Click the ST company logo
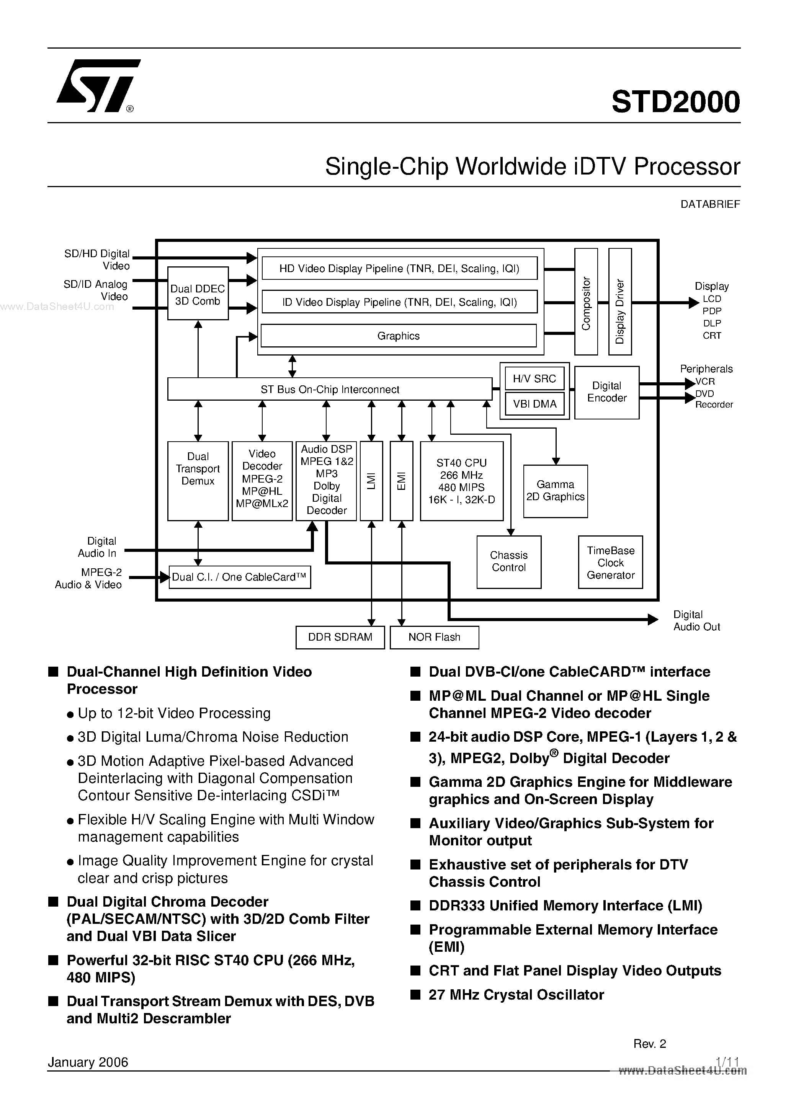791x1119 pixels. [98, 86]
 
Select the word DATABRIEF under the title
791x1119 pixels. [710, 205]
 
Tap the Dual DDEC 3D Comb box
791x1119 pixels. [198, 294]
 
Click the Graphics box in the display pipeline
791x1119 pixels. [399, 336]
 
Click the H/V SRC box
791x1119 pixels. [534, 379]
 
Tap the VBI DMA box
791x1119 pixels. [534, 404]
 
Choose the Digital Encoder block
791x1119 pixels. [607, 392]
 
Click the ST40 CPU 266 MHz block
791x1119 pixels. [461, 481]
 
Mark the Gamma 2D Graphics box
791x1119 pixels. [556, 491]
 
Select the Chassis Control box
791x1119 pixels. [509, 561]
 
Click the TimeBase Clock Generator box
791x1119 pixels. [611, 563]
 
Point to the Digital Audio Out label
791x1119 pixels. [696, 621]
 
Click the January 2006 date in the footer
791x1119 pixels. [88, 1062]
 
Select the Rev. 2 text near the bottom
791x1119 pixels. [650, 1044]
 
